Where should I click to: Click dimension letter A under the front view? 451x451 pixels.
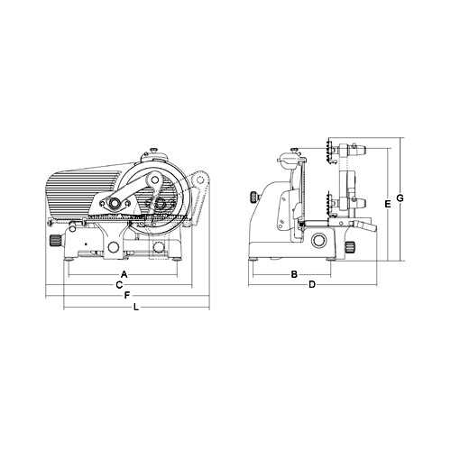tap(124, 274)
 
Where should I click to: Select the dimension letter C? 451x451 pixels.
tap(119, 285)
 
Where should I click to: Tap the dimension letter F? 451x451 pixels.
tap(127, 296)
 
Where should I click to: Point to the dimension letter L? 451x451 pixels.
tap(136, 307)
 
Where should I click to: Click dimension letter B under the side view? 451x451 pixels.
tap(294, 274)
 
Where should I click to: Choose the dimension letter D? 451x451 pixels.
tap(312, 284)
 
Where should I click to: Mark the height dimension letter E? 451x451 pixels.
tap(388, 205)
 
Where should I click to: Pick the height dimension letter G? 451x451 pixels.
tap(400, 198)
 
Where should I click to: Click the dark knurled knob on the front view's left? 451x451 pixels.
tap(55, 241)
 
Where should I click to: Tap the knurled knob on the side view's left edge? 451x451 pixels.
tap(254, 198)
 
